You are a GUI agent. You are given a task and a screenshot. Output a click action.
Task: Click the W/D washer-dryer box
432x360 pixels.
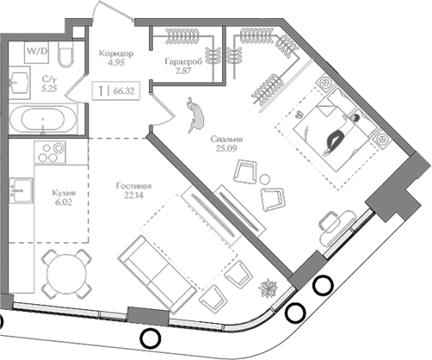(36, 53)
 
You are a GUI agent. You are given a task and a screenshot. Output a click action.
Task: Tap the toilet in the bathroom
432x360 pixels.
(66, 54)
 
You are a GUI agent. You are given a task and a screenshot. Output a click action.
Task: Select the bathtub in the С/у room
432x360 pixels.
(43, 119)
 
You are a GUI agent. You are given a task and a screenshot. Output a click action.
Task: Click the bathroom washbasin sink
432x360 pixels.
(19, 83)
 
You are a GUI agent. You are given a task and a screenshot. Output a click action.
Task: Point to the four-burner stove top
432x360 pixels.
(50, 152)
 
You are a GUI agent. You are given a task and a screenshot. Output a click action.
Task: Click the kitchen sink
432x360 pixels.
(22, 190)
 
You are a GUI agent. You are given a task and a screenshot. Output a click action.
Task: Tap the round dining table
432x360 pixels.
(66, 274)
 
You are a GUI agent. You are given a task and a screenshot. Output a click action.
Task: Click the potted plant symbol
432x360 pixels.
(268, 289)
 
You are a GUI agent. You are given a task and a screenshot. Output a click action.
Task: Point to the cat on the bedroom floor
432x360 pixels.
(195, 115)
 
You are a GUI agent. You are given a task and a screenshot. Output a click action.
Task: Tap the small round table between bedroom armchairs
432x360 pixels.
(265, 179)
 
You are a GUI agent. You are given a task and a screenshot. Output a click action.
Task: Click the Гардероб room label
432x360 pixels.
(183, 61)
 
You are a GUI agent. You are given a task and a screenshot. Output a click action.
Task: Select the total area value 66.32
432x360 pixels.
(124, 91)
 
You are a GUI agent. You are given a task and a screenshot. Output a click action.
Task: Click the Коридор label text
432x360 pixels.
(116, 53)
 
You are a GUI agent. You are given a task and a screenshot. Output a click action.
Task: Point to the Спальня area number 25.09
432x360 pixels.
(226, 148)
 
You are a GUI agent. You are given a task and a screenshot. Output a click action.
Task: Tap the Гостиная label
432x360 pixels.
(133, 186)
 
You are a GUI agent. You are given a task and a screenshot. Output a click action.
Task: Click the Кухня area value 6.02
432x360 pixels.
(64, 202)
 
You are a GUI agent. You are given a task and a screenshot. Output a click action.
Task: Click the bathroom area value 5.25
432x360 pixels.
(49, 89)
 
